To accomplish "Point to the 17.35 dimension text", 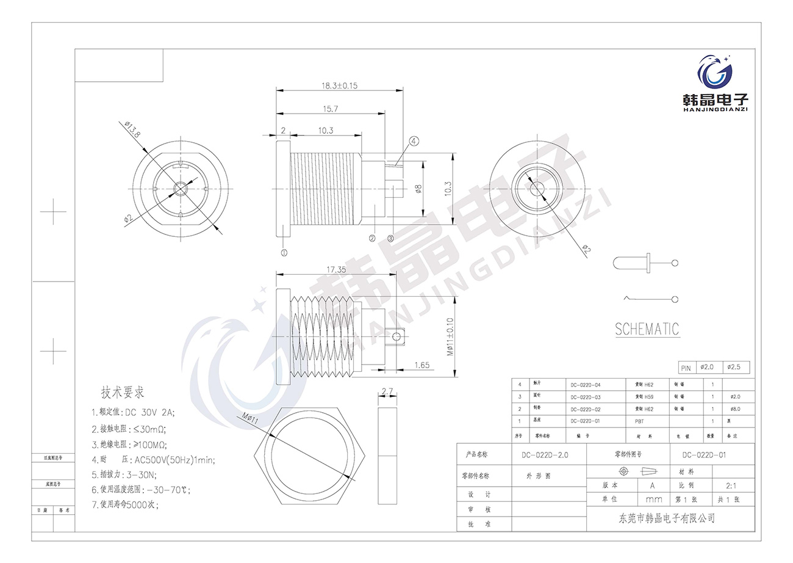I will [336, 269].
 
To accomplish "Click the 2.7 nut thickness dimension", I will [387, 391].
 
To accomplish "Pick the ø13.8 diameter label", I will [132, 129].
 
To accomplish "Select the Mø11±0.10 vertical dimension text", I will [450, 337].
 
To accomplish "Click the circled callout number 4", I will [414, 142].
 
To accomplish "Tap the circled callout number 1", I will [284, 251].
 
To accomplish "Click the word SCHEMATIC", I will [647, 330].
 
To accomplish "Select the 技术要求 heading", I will [123, 392].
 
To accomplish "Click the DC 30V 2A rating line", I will [133, 412].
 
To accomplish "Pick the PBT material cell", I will [640, 421].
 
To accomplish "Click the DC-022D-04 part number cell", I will [586, 385].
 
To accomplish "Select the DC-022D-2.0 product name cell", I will [545, 455].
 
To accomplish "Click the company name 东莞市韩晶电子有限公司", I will [667, 519].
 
